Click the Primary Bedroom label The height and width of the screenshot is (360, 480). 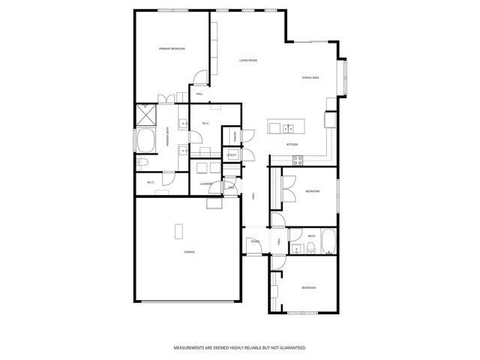(172, 49)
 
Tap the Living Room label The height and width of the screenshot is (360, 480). (248, 60)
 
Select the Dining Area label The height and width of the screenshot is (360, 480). (311, 77)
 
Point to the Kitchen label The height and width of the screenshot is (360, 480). (292, 143)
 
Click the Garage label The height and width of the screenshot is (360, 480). (190, 252)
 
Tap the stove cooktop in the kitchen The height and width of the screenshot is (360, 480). (297, 158)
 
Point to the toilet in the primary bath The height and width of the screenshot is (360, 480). (142, 163)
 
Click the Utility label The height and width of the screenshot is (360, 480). (233, 155)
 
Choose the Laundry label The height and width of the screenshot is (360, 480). (208, 184)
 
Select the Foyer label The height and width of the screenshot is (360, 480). (255, 241)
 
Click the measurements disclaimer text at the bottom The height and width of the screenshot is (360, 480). (240, 348)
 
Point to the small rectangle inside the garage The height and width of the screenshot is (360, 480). (178, 230)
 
